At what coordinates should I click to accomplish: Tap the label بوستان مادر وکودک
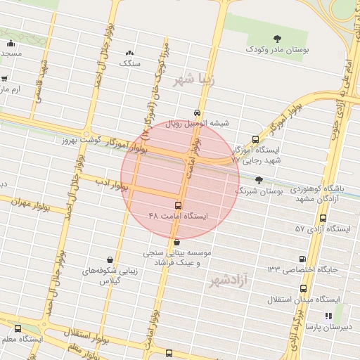(276, 50)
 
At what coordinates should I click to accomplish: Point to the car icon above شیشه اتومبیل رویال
(197, 112)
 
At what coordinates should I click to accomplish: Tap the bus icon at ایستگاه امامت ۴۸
(178, 205)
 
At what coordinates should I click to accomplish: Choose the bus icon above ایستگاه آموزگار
(255, 139)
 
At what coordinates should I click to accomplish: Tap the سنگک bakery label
(131, 63)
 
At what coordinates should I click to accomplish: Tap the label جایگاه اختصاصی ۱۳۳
(302, 269)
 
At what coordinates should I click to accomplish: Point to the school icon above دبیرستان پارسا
(327, 316)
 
